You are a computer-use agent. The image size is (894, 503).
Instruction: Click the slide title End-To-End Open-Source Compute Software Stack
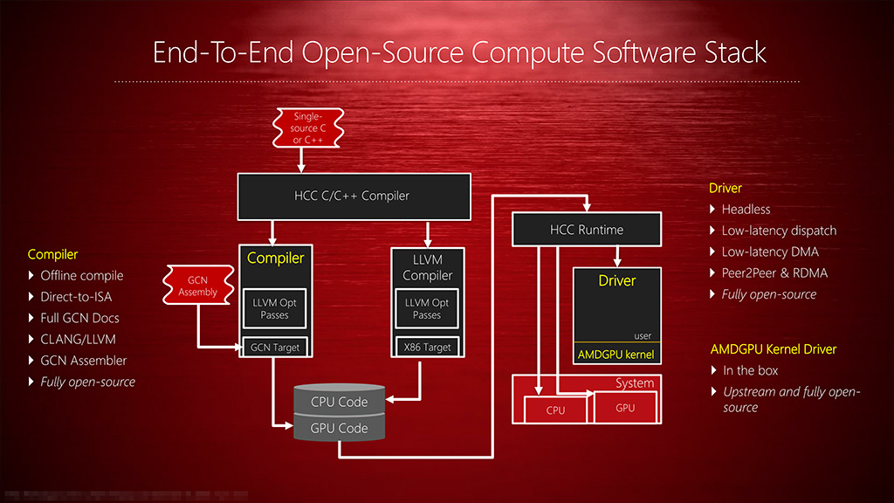459,52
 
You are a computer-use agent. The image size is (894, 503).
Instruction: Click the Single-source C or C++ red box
310,127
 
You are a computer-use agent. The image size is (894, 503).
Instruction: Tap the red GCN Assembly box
198,286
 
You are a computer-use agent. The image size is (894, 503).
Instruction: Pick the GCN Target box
275,347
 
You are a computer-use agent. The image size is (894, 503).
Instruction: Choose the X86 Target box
427,347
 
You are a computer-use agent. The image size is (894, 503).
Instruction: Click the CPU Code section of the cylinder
340,402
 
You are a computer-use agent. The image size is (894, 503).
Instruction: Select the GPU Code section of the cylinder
340,428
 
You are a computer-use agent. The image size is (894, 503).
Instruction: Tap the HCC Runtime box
586,230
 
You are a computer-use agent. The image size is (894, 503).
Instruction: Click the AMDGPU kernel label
615,355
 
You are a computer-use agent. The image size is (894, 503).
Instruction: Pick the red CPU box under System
555,410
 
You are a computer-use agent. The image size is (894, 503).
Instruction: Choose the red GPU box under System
625,408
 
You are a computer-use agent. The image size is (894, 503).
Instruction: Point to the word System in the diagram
634,383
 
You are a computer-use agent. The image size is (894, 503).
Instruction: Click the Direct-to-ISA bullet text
76,297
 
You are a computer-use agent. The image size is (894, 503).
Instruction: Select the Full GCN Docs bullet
79,318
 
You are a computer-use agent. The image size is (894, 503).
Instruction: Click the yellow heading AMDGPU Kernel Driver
774,349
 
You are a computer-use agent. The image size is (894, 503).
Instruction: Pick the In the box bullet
751,370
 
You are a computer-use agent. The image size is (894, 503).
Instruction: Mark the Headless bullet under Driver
746,210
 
